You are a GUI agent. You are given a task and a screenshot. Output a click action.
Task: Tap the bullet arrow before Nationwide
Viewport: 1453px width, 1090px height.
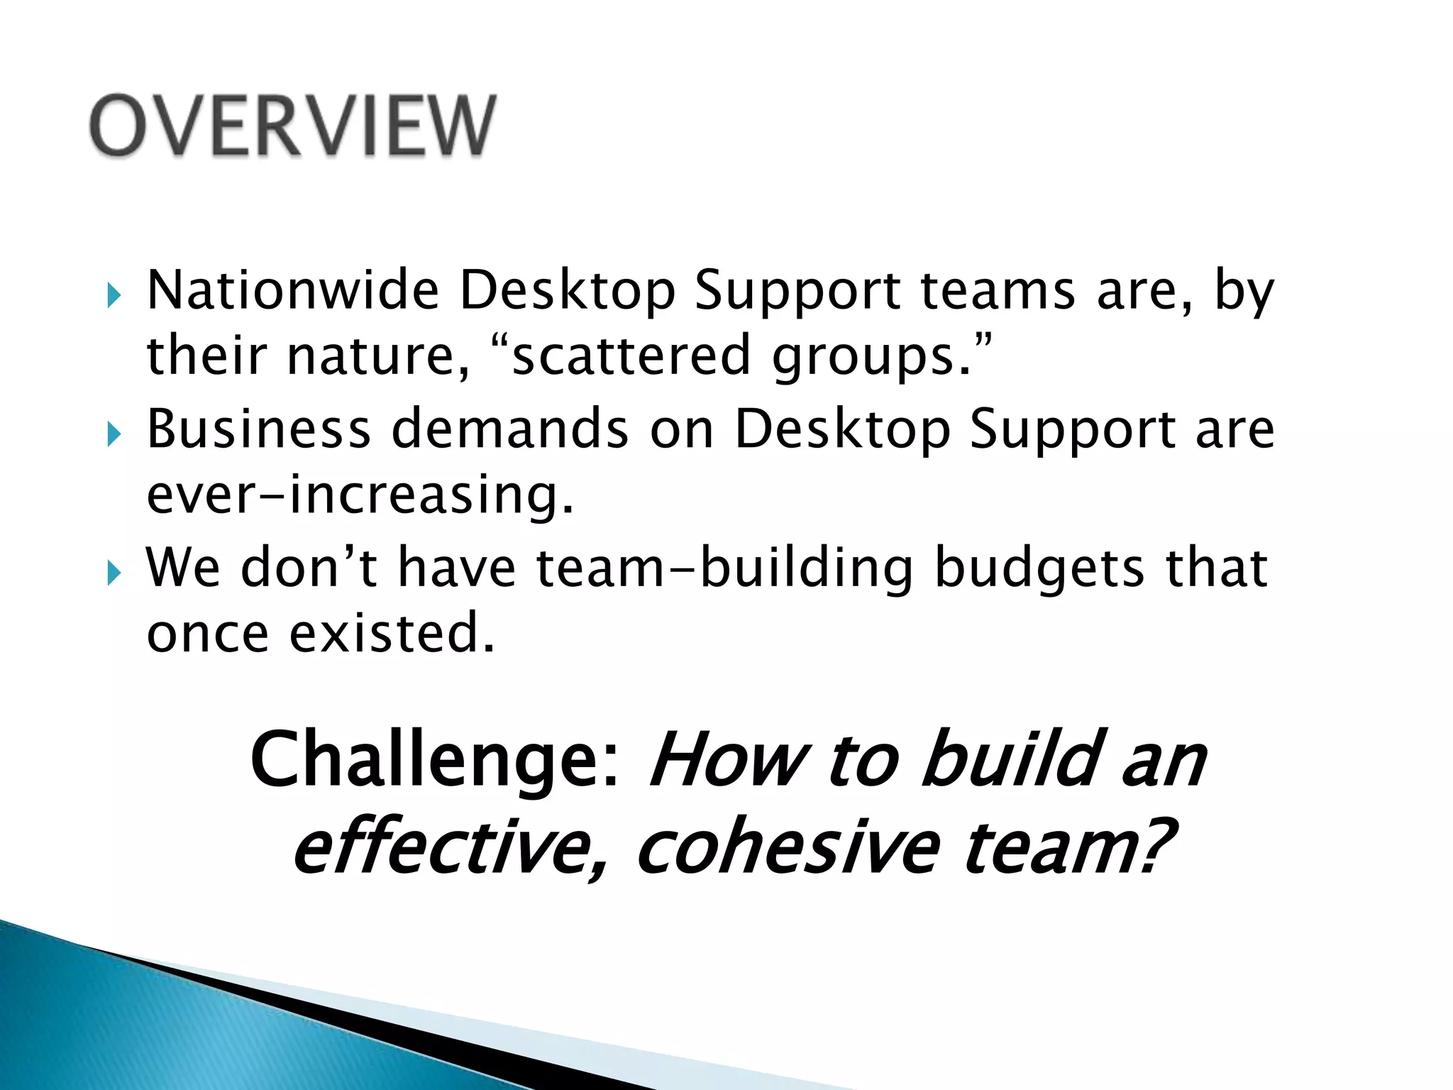tap(114, 294)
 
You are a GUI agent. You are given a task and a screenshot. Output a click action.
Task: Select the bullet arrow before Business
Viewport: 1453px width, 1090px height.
tap(114, 433)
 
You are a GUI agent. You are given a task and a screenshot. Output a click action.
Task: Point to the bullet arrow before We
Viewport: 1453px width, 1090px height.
tap(114, 571)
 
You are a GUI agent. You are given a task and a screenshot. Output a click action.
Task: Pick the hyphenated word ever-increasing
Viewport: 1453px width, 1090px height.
tap(359, 495)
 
